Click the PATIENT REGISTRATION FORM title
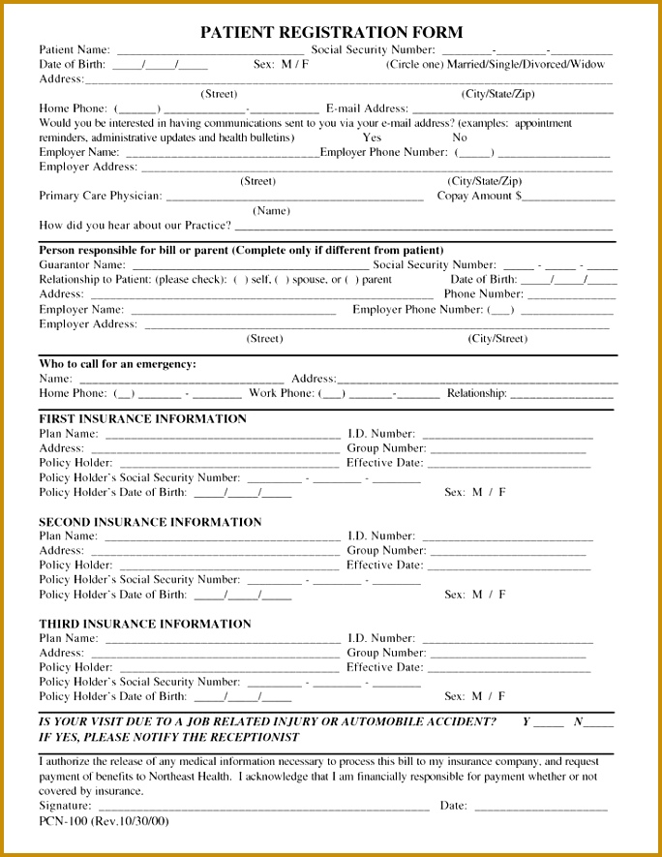point(331,32)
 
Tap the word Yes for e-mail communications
point(372,138)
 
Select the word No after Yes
point(460,138)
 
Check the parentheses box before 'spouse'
point(282,280)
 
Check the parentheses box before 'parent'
point(351,280)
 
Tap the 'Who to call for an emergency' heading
point(117,364)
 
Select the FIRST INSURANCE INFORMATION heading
point(142,419)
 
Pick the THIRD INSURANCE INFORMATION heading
point(144,624)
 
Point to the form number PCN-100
point(64,821)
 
